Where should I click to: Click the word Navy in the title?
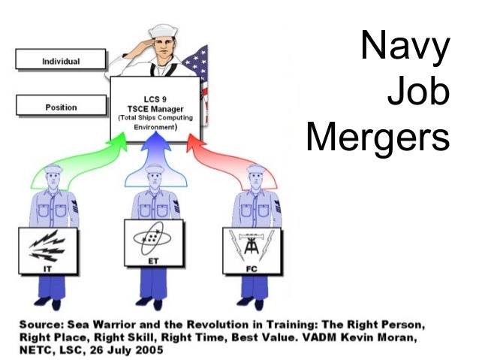[x=405, y=46]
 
